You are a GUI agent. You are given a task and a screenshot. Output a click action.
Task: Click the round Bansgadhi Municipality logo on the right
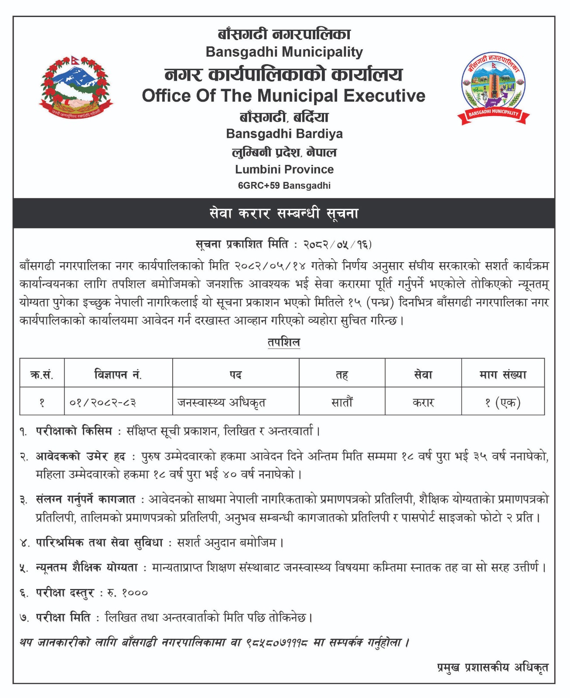493,88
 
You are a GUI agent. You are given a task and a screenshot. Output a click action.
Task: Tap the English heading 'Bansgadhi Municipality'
284,52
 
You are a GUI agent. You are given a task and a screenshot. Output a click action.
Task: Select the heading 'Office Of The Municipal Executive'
283,96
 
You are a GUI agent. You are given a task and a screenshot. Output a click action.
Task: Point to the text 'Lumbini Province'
284,169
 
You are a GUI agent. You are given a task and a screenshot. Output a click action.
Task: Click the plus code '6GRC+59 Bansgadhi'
284,185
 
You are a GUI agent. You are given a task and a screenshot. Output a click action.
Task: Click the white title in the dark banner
284,213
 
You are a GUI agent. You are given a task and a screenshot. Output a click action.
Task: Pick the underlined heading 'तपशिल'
284,342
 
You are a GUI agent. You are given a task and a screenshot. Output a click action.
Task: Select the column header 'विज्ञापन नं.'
118,374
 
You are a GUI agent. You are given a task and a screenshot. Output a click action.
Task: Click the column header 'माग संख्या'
503,374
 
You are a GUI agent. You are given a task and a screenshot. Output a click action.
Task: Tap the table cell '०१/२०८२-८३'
103,402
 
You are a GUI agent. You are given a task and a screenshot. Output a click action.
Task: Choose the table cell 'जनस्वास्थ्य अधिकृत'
222,402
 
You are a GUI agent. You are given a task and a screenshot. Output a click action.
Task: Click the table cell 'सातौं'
342,402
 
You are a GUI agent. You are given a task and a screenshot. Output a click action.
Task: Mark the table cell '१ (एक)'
503,402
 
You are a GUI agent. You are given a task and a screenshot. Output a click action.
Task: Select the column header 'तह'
342,374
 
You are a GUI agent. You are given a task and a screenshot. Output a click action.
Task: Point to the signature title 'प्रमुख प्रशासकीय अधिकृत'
492,667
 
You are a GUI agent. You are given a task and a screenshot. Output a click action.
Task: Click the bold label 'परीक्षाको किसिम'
74,431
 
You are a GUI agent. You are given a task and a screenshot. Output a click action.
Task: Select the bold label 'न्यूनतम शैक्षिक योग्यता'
87,568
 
